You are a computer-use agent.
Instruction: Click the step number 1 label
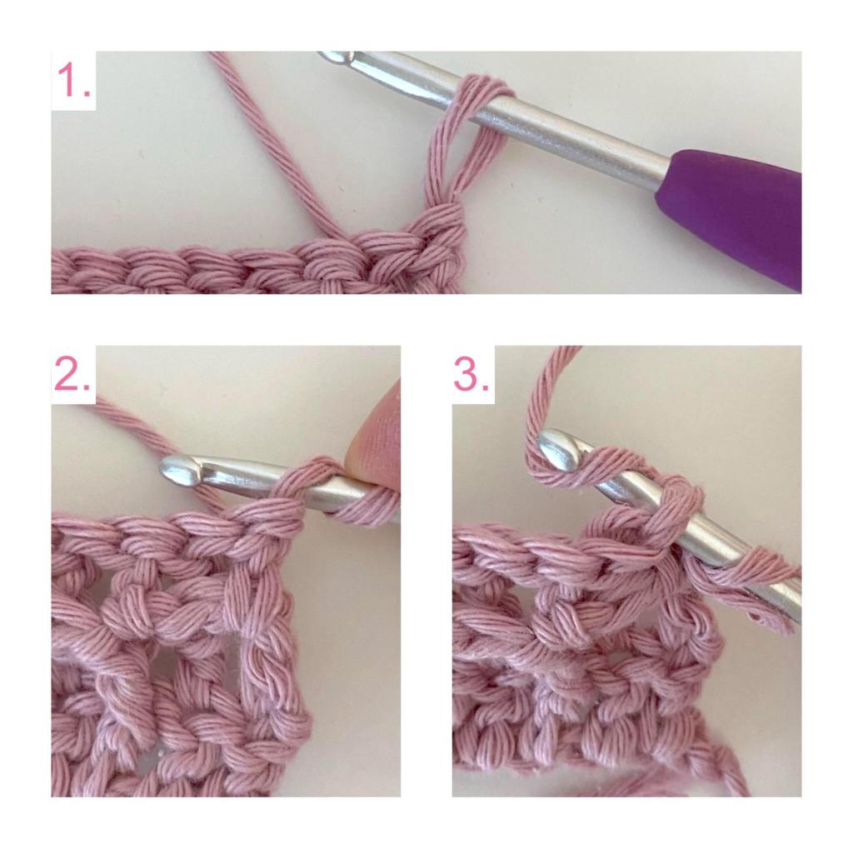pyautogui.click(x=74, y=80)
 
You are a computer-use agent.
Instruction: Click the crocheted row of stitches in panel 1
pyautogui.click(x=256, y=267)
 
